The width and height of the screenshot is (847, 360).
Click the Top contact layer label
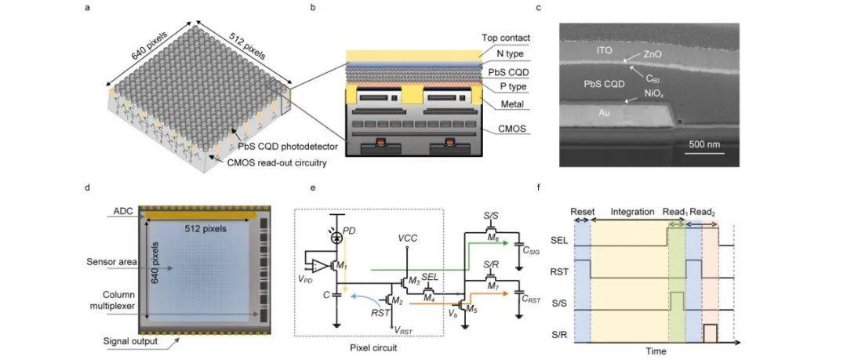click(x=506, y=37)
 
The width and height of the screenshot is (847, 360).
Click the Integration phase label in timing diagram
click(x=627, y=213)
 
